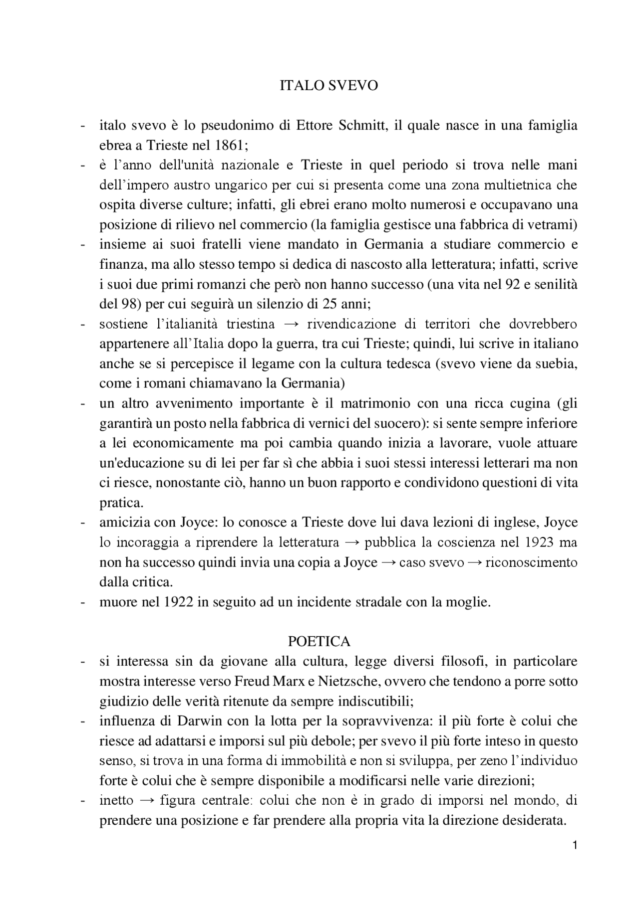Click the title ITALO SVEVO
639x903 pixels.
tap(328, 86)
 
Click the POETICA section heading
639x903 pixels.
tap(319, 641)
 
